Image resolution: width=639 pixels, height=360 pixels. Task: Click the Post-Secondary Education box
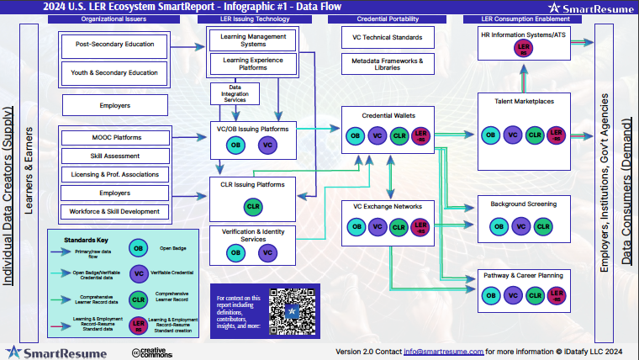pyautogui.click(x=116, y=45)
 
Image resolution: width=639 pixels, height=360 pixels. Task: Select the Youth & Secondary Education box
pyautogui.click(x=116, y=73)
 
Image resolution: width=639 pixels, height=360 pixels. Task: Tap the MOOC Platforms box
pyautogui.click(x=116, y=137)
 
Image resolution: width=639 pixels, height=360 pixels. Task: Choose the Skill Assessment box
pyautogui.click(x=116, y=156)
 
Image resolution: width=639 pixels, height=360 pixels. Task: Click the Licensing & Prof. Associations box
pyautogui.click(x=116, y=174)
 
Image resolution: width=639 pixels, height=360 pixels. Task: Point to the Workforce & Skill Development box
pyautogui.click(x=116, y=211)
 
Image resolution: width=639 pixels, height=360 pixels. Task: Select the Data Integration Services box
pyautogui.click(x=235, y=93)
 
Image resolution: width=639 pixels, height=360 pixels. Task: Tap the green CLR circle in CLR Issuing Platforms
pyautogui.click(x=252, y=206)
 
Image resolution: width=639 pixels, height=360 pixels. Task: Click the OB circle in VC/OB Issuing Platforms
pyautogui.click(x=237, y=146)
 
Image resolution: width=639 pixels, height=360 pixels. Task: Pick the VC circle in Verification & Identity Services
pyautogui.click(x=267, y=251)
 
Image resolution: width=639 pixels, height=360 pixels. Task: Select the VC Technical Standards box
pyautogui.click(x=388, y=37)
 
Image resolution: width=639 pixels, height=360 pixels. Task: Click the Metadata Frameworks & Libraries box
pyautogui.click(x=388, y=64)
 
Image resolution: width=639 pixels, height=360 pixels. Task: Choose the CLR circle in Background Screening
pyautogui.click(x=543, y=226)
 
